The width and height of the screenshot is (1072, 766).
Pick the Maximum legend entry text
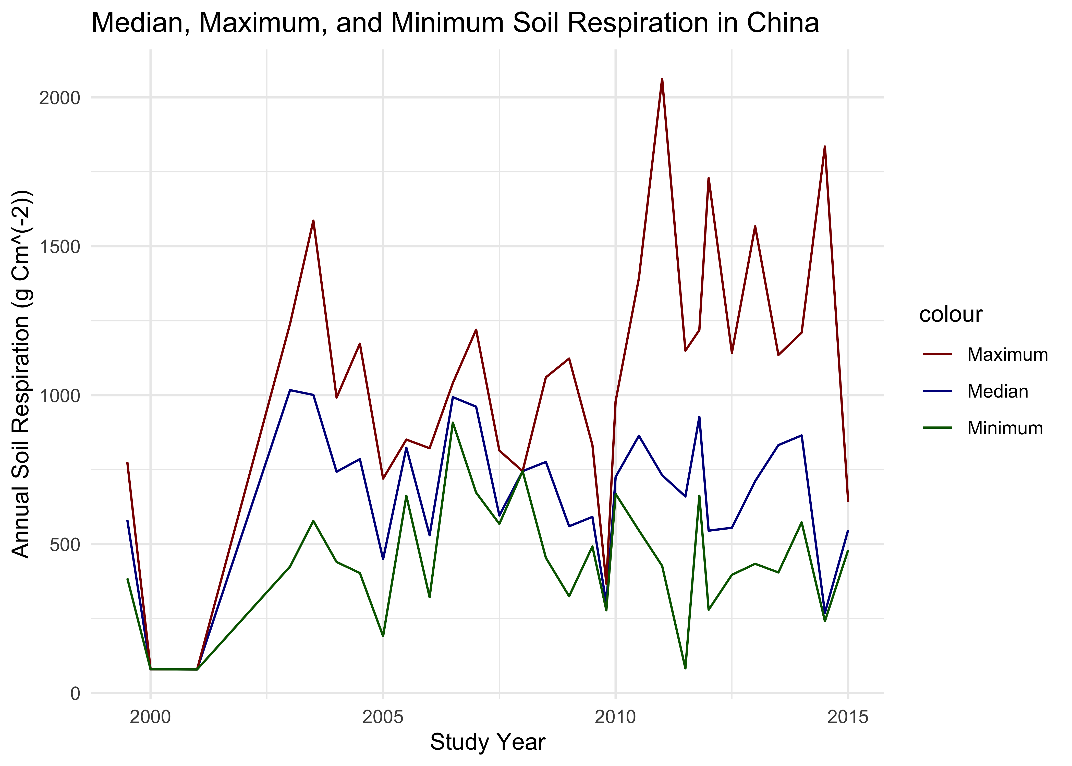pyautogui.click(x=1007, y=355)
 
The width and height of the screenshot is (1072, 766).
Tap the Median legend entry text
pyautogui.click(x=997, y=391)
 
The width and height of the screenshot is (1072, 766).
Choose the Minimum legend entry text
pyautogui.click(x=1005, y=428)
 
